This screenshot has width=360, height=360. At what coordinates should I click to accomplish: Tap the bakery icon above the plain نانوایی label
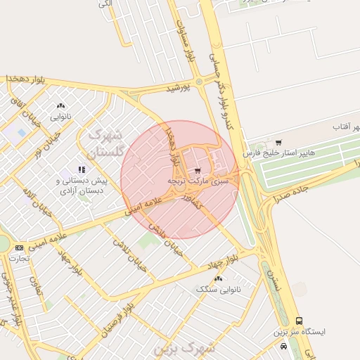pos(60,107)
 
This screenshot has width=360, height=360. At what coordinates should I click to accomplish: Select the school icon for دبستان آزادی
pos(82,170)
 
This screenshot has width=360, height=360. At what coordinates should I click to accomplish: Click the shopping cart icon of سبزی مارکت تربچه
pos(198,170)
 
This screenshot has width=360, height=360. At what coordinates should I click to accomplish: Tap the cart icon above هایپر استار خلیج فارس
pos(278,143)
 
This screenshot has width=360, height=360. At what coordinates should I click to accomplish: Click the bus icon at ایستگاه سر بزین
pos(300,321)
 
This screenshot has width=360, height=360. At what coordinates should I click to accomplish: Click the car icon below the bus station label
pos(283,346)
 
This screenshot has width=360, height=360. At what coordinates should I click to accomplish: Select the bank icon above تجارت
pos(19,247)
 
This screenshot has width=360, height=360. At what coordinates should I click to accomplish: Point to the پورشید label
pos(178,89)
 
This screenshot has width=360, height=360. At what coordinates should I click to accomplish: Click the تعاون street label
pos(33,285)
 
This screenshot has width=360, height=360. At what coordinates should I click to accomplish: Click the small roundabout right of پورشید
pos(199,82)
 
